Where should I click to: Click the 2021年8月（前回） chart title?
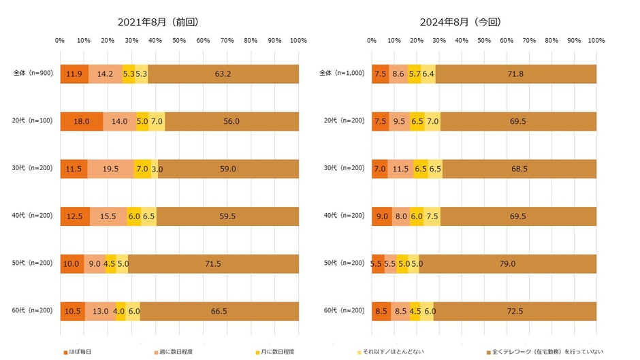tap(158, 22)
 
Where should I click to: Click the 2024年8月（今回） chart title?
tap(460, 22)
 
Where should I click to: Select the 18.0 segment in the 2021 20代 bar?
tap(82, 121)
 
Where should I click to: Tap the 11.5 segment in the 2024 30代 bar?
tap(400, 169)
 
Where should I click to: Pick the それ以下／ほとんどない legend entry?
tap(385, 352)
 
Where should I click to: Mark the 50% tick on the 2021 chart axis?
tap(179, 42)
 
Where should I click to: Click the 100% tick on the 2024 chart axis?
tap(596, 42)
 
